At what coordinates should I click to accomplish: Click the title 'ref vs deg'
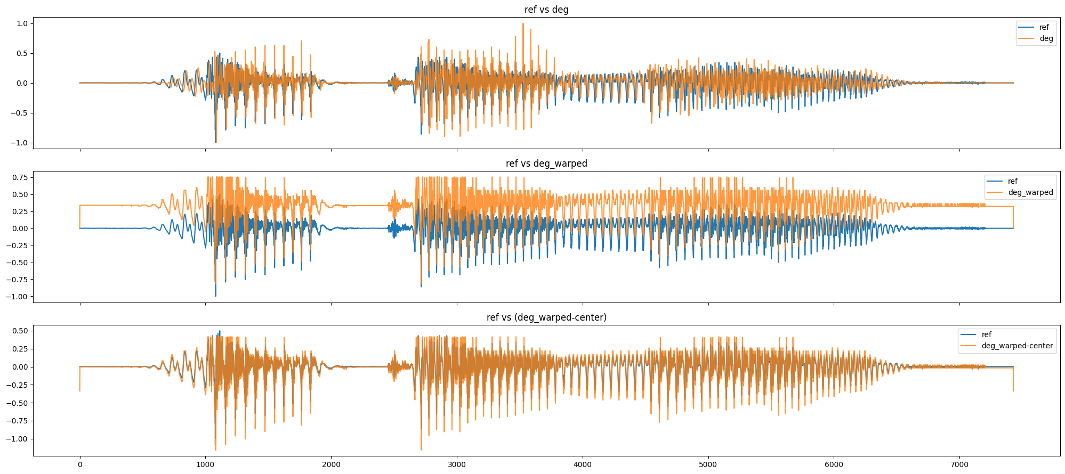546,10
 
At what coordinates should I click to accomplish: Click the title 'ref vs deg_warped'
546,164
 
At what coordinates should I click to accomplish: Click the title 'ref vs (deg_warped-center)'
546,317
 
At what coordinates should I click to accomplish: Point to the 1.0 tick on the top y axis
23,23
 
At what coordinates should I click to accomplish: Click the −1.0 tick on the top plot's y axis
21,143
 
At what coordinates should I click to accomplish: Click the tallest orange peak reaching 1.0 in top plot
523,24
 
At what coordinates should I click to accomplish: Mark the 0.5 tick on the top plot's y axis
23,53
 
